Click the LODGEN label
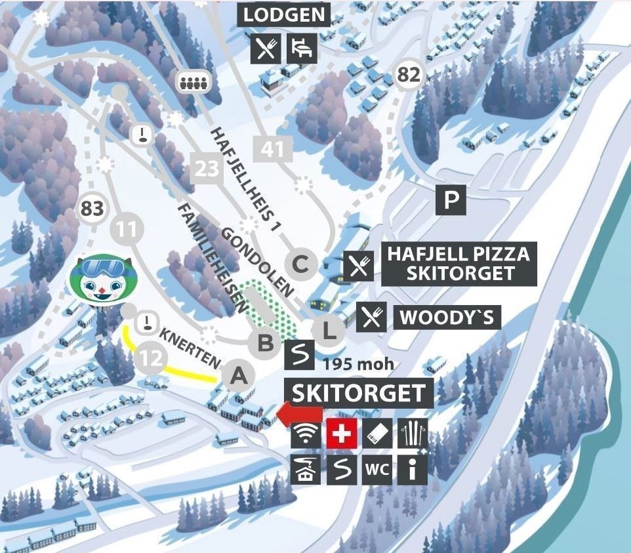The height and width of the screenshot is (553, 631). (283, 14)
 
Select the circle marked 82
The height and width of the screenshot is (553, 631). (408, 75)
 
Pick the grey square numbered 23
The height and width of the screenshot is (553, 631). (207, 169)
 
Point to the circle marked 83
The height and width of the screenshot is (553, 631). (92, 209)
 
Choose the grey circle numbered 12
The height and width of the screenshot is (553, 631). (150, 358)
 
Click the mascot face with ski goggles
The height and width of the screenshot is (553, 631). (100, 280)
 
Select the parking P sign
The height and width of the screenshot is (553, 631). (451, 199)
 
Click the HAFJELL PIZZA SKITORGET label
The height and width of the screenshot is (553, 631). (459, 263)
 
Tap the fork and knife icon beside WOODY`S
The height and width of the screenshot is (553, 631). (371, 317)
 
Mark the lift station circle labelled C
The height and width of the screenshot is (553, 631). (300, 264)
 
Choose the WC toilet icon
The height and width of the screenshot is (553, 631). (377, 470)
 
